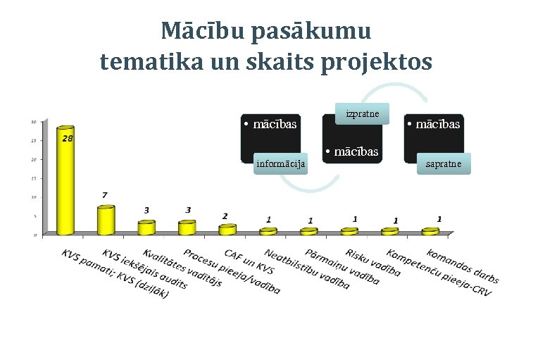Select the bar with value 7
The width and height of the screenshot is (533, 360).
(x=105, y=220)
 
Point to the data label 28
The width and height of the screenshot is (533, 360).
(x=67, y=139)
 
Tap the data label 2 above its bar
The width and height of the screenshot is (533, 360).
(x=225, y=216)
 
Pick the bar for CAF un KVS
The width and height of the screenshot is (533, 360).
(x=227, y=229)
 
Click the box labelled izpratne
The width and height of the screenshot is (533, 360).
(x=363, y=113)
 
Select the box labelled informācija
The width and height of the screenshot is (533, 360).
(x=280, y=164)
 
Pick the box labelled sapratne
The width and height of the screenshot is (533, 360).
(x=444, y=164)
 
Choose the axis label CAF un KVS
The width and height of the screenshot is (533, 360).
(x=249, y=261)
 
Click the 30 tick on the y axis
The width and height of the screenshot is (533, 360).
(x=34, y=122)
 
